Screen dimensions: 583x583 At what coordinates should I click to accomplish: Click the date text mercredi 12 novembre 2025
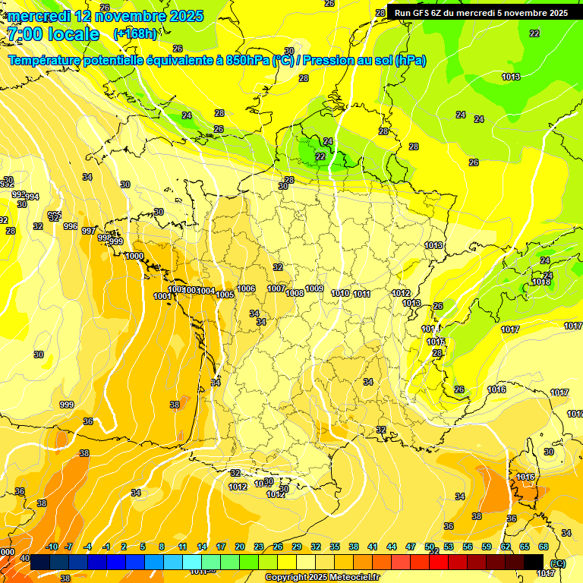click(106, 16)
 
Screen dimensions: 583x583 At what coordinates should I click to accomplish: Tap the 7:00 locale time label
click(53, 34)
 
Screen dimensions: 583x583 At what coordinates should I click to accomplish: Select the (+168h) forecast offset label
click(135, 33)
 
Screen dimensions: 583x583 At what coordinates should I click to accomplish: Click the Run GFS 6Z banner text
click(481, 13)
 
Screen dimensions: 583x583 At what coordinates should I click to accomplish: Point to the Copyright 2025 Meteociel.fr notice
click(322, 577)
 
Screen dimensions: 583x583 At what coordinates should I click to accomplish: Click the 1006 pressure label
click(246, 289)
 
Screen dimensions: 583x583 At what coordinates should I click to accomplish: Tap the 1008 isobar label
click(295, 293)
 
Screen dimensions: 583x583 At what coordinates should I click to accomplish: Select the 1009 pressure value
click(314, 289)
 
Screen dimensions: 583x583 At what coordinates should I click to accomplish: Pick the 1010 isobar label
click(341, 293)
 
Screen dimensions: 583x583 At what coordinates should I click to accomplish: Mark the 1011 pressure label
click(361, 294)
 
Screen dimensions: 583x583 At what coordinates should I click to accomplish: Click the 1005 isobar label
click(225, 295)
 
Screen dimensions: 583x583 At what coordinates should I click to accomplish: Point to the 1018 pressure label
click(541, 282)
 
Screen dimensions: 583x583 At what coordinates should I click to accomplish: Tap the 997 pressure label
click(89, 231)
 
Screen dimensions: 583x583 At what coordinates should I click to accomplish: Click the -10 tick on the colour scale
click(52, 547)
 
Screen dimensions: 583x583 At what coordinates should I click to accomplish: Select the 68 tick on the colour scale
click(544, 547)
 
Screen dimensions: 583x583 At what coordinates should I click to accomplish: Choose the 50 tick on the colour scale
click(430, 547)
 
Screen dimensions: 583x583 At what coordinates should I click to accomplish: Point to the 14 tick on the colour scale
click(202, 547)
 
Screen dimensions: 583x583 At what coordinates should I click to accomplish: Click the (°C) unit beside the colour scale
click(557, 563)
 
